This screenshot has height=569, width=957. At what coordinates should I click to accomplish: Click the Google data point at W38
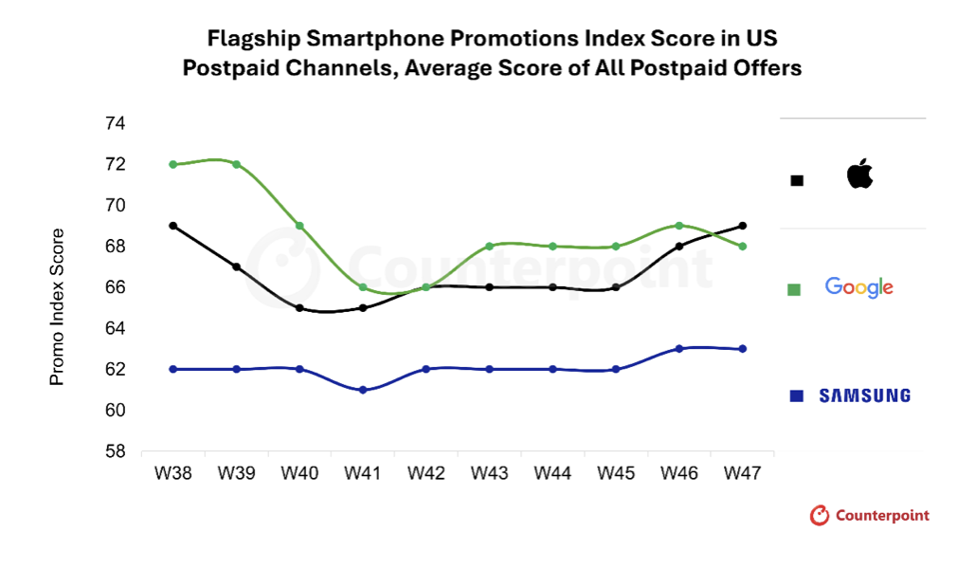(173, 164)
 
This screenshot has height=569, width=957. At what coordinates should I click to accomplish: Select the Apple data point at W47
(742, 226)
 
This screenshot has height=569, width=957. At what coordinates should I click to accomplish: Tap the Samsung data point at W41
(363, 390)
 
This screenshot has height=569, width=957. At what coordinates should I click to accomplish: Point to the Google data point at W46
(678, 226)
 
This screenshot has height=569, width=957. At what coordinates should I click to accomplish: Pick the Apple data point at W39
(236, 266)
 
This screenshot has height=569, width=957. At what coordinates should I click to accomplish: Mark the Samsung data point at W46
(678, 349)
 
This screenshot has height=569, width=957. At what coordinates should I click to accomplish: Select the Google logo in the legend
(859, 286)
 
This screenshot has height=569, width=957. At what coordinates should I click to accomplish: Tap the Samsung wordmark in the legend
(864, 395)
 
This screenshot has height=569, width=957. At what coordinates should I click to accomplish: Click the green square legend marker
(794, 288)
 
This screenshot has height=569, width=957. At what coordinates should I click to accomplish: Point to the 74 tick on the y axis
(115, 123)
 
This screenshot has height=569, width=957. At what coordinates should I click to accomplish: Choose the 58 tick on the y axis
(115, 451)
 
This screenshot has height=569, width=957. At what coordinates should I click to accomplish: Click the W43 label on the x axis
(489, 472)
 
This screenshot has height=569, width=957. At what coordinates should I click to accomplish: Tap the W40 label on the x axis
(299, 472)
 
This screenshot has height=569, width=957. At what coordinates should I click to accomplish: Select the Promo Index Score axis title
(57, 306)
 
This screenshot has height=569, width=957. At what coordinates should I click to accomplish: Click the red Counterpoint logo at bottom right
(870, 516)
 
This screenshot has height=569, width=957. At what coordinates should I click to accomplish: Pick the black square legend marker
(797, 180)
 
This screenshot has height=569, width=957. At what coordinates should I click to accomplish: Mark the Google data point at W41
(363, 287)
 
